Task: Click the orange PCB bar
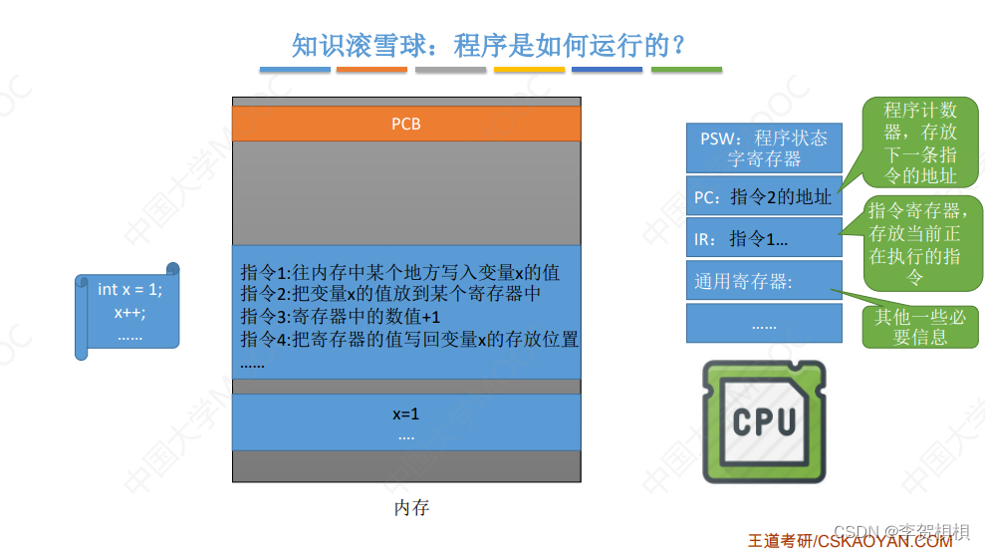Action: tap(406, 124)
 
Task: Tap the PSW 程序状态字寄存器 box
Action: tap(764, 147)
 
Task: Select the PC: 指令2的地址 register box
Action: tap(764, 197)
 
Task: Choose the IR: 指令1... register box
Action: tap(764, 238)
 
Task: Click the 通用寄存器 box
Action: tap(764, 281)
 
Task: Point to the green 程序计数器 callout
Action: tap(919, 141)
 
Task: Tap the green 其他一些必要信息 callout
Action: tap(919, 327)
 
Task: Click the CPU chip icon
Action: tap(764, 421)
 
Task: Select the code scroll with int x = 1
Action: tap(128, 311)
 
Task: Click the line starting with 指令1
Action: tap(399, 272)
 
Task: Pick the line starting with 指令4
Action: tap(408, 339)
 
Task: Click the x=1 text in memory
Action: tap(405, 413)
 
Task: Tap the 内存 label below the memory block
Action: tap(411, 508)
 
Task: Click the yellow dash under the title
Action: tap(529, 70)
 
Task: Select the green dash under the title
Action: tap(686, 70)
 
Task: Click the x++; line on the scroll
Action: tap(129, 312)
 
